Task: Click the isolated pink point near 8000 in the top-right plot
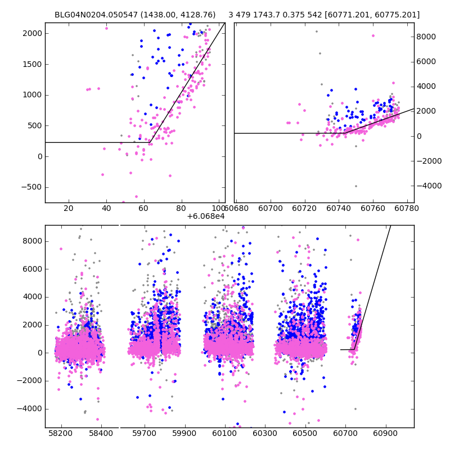click(x=372, y=35)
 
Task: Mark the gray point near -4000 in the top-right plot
click(x=355, y=186)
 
